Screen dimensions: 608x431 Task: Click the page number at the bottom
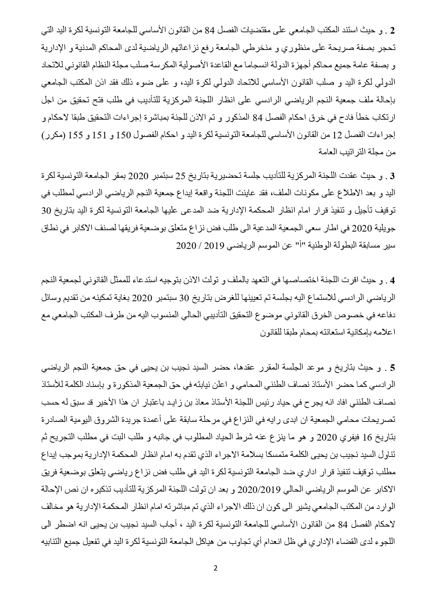pyautogui.click(x=216, y=568)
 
